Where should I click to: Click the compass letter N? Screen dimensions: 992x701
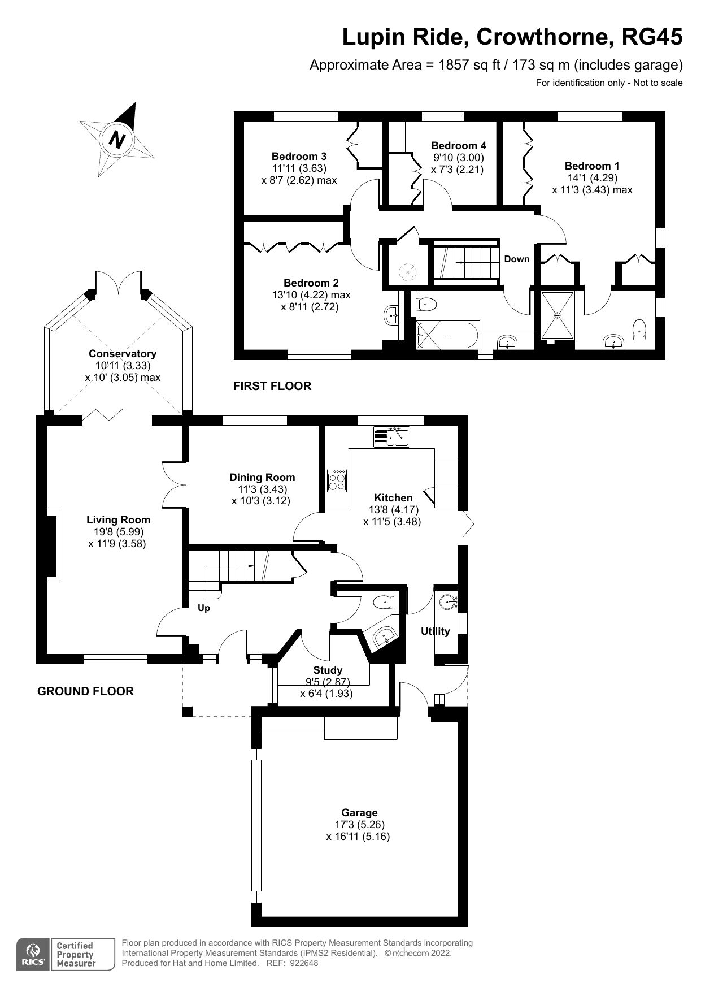[x=117, y=139]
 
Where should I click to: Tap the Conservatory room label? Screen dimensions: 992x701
[x=123, y=354]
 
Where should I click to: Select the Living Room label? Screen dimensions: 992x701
[x=118, y=520]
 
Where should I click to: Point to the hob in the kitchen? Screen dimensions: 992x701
[x=337, y=481]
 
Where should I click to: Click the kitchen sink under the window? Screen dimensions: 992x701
[x=391, y=437]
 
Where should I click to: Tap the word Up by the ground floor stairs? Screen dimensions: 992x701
[x=203, y=608]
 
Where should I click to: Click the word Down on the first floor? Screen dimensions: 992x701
[x=516, y=259]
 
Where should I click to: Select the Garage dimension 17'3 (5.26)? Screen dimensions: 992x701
[x=359, y=825]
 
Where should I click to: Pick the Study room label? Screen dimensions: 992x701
[x=328, y=670]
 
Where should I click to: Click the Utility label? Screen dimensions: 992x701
[x=435, y=631]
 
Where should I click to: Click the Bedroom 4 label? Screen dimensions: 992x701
[x=458, y=146]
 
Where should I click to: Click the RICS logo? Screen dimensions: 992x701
[x=33, y=955]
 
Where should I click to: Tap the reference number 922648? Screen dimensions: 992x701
[x=305, y=963]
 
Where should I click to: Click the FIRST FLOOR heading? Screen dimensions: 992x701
[x=272, y=386]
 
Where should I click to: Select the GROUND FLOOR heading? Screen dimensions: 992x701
[x=85, y=691]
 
